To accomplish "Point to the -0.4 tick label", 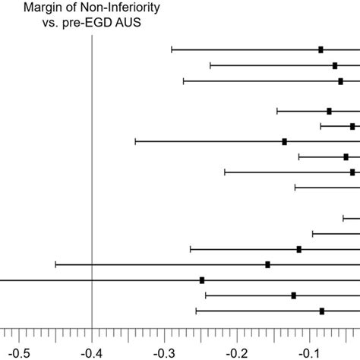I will pyautogui.click(x=92, y=352).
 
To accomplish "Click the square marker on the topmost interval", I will pyautogui.click(x=321, y=49).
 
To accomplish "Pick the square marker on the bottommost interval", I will pyautogui.click(x=322, y=311).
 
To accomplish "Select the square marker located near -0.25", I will pyautogui.click(x=202, y=280).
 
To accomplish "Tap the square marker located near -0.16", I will pyautogui.click(x=267, y=264).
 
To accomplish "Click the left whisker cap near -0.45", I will pyautogui.click(x=55, y=264).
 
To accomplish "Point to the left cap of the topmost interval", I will pyautogui.click(x=172, y=49).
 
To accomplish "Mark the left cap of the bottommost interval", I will pyautogui.click(x=196, y=311).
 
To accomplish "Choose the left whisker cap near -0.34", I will pyautogui.click(x=135, y=141).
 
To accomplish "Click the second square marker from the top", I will pyautogui.click(x=335, y=65).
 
